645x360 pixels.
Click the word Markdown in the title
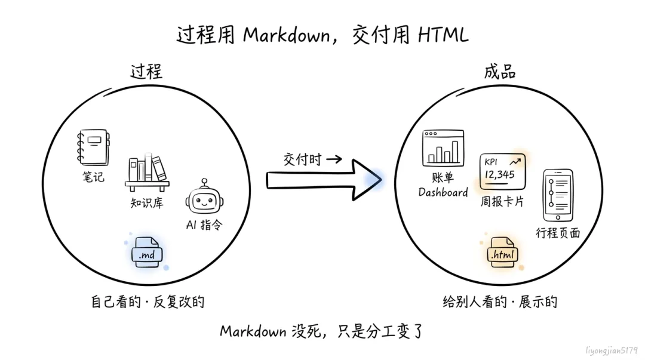click(287, 35)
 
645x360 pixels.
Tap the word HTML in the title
click(443, 35)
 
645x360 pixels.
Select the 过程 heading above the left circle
click(146, 72)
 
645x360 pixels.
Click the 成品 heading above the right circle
click(500, 72)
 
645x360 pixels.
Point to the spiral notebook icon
click(93, 147)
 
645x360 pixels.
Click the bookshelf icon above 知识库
click(148, 173)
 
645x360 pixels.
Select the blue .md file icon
click(147, 252)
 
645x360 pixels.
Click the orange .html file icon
click(502, 252)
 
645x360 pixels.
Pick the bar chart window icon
click(443, 148)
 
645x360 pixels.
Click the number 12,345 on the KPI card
click(499, 175)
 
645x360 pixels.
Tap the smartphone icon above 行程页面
click(558, 195)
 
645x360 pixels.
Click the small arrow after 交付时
click(334, 159)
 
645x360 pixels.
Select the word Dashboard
click(443, 192)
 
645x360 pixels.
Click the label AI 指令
click(204, 224)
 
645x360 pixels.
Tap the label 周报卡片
click(502, 201)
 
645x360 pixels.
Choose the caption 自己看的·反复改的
click(148, 301)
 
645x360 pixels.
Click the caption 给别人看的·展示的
click(500, 301)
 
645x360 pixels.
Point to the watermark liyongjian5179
click(612, 350)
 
